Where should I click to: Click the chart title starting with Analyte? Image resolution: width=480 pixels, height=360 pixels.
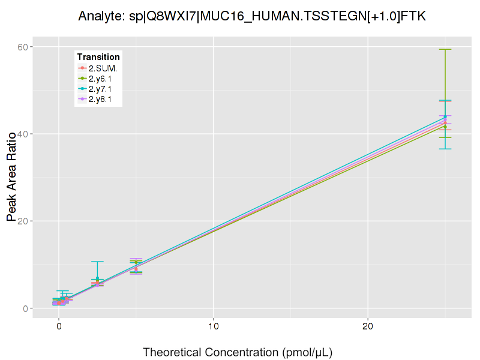point(252,16)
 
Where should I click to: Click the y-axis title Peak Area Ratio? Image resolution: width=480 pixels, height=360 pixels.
point(12,177)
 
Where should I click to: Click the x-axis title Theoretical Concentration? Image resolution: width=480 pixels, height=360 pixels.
point(237,352)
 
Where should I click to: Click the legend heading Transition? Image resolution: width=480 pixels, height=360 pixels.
point(98,56)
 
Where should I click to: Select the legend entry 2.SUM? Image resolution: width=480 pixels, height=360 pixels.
point(103,68)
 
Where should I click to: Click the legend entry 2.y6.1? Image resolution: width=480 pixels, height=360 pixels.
point(100,79)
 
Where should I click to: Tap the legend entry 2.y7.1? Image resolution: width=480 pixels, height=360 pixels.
point(100,89)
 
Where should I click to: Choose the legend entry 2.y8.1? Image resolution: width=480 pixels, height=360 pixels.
point(100,99)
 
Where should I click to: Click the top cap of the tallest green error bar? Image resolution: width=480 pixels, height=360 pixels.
point(445,49)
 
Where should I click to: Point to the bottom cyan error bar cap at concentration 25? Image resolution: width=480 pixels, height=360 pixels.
point(445,149)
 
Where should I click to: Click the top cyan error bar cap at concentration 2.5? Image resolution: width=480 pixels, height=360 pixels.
point(97,262)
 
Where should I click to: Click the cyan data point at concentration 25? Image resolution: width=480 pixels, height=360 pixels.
point(445,117)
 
